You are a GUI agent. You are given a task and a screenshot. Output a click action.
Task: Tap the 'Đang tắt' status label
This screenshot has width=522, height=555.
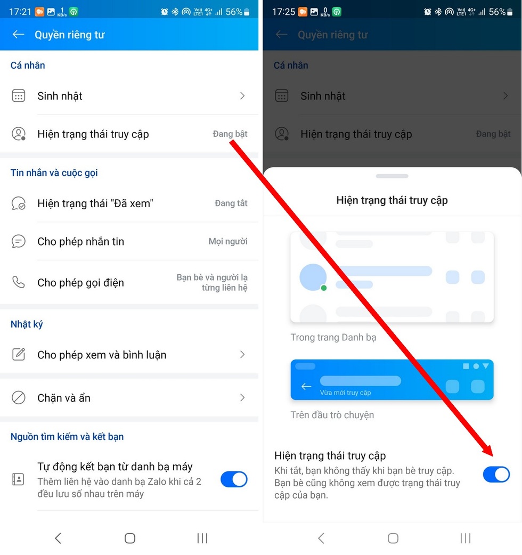point(231,203)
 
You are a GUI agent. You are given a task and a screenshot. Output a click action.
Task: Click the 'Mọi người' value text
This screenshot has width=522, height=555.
point(228,241)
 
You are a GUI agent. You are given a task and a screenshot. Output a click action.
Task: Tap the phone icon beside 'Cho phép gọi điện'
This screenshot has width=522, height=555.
point(19,282)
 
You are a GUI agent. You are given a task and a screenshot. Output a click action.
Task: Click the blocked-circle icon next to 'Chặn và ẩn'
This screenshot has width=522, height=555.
point(19,397)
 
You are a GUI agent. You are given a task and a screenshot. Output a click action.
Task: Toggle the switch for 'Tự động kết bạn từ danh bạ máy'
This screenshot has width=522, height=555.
point(234,479)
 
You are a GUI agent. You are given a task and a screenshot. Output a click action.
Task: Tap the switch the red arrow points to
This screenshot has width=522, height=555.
point(496,474)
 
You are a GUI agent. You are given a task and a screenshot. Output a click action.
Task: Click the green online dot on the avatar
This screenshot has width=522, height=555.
point(323,288)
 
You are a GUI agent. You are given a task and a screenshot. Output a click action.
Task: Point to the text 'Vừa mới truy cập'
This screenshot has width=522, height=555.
point(345,393)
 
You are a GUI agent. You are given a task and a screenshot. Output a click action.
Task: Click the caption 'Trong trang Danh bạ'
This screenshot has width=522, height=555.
point(333,337)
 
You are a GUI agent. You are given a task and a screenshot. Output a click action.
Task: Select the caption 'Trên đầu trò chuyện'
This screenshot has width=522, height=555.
point(332,415)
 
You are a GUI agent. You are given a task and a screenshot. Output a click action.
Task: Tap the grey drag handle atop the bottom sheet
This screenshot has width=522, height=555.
point(391,176)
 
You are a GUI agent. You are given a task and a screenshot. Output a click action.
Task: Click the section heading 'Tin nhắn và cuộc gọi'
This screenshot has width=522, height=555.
point(54,173)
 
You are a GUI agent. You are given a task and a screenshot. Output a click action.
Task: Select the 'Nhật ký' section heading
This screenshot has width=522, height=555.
point(27,324)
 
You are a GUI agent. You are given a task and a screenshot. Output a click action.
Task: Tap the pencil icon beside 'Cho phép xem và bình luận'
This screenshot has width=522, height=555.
point(19,354)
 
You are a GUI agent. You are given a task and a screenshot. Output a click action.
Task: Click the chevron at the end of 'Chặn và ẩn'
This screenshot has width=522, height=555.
point(242,397)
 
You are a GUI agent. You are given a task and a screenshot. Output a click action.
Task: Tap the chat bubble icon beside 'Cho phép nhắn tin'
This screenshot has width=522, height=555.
point(19,241)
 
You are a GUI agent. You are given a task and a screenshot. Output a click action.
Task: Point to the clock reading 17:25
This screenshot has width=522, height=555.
point(283,12)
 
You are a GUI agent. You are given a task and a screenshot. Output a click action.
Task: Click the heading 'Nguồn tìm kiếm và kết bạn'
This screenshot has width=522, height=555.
point(67,437)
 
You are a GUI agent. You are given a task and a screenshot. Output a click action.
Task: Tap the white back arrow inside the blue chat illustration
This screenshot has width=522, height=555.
point(306,386)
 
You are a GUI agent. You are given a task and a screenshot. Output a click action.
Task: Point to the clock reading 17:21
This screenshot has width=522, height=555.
point(20,12)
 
